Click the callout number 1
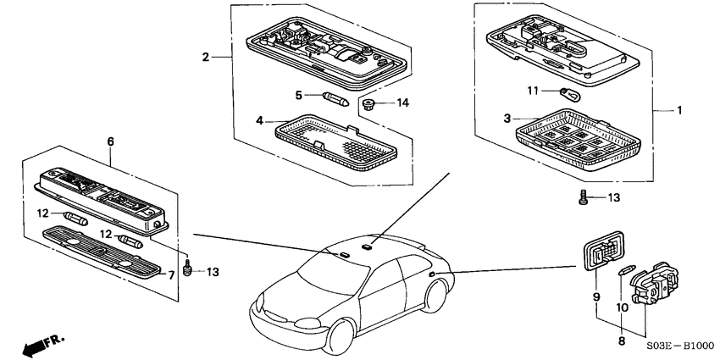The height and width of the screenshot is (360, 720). pyautogui.click(x=678, y=110)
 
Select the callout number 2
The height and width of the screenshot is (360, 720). pyautogui.click(x=205, y=58)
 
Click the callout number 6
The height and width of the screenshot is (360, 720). pyautogui.click(x=109, y=141)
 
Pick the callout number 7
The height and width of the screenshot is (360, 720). pyautogui.click(x=170, y=274)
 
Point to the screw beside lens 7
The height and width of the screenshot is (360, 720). pyautogui.click(x=190, y=270)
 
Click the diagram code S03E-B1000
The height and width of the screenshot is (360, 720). pyautogui.click(x=680, y=346)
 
